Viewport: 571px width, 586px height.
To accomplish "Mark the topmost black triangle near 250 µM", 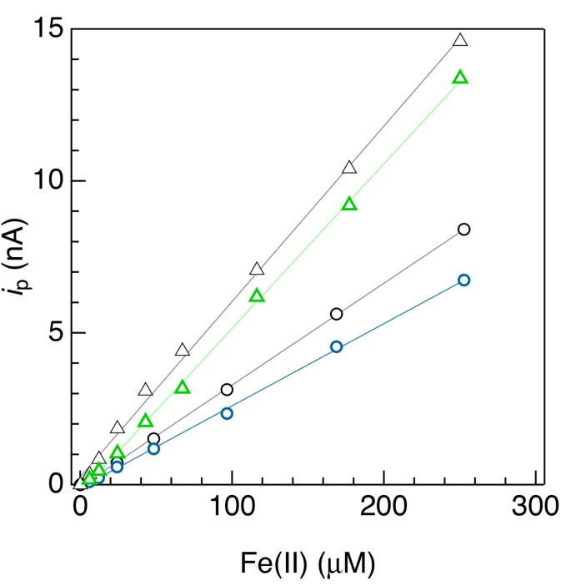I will tap(460, 40).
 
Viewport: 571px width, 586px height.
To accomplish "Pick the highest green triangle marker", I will tap(460, 78).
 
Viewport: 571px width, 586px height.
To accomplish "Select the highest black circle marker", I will tap(463, 229).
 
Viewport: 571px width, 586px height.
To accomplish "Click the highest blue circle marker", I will tap(463, 280).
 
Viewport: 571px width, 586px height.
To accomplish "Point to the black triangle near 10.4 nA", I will tap(349, 168).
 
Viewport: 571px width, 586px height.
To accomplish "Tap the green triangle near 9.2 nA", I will tap(349, 205).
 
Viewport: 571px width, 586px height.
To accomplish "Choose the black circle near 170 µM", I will tap(337, 314).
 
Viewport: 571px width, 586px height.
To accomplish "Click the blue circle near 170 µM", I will tap(337, 346).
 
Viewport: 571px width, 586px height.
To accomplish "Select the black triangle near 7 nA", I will tap(257, 269).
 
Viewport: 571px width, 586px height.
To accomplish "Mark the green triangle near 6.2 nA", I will tap(257, 296).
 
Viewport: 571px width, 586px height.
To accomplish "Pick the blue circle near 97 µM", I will tap(227, 413).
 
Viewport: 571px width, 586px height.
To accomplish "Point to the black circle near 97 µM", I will tap(227, 389).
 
